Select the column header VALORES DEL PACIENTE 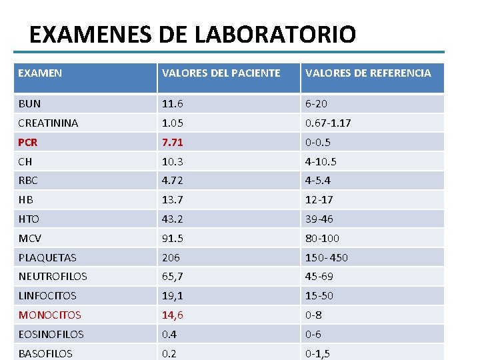[x=221, y=73]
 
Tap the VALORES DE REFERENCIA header [x=368, y=73]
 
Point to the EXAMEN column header [x=40, y=73]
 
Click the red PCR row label [x=28, y=142]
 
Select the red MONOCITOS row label [x=49, y=315]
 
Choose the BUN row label [x=29, y=104]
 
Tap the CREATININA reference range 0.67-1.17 [x=328, y=123]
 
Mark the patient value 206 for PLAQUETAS [x=171, y=257]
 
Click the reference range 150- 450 [x=327, y=257]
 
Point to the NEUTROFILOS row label [x=53, y=277]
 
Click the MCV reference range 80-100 [x=323, y=238]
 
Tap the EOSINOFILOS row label [x=51, y=334]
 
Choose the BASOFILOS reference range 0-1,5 [x=317, y=353]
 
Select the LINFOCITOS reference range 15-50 [x=319, y=295]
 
